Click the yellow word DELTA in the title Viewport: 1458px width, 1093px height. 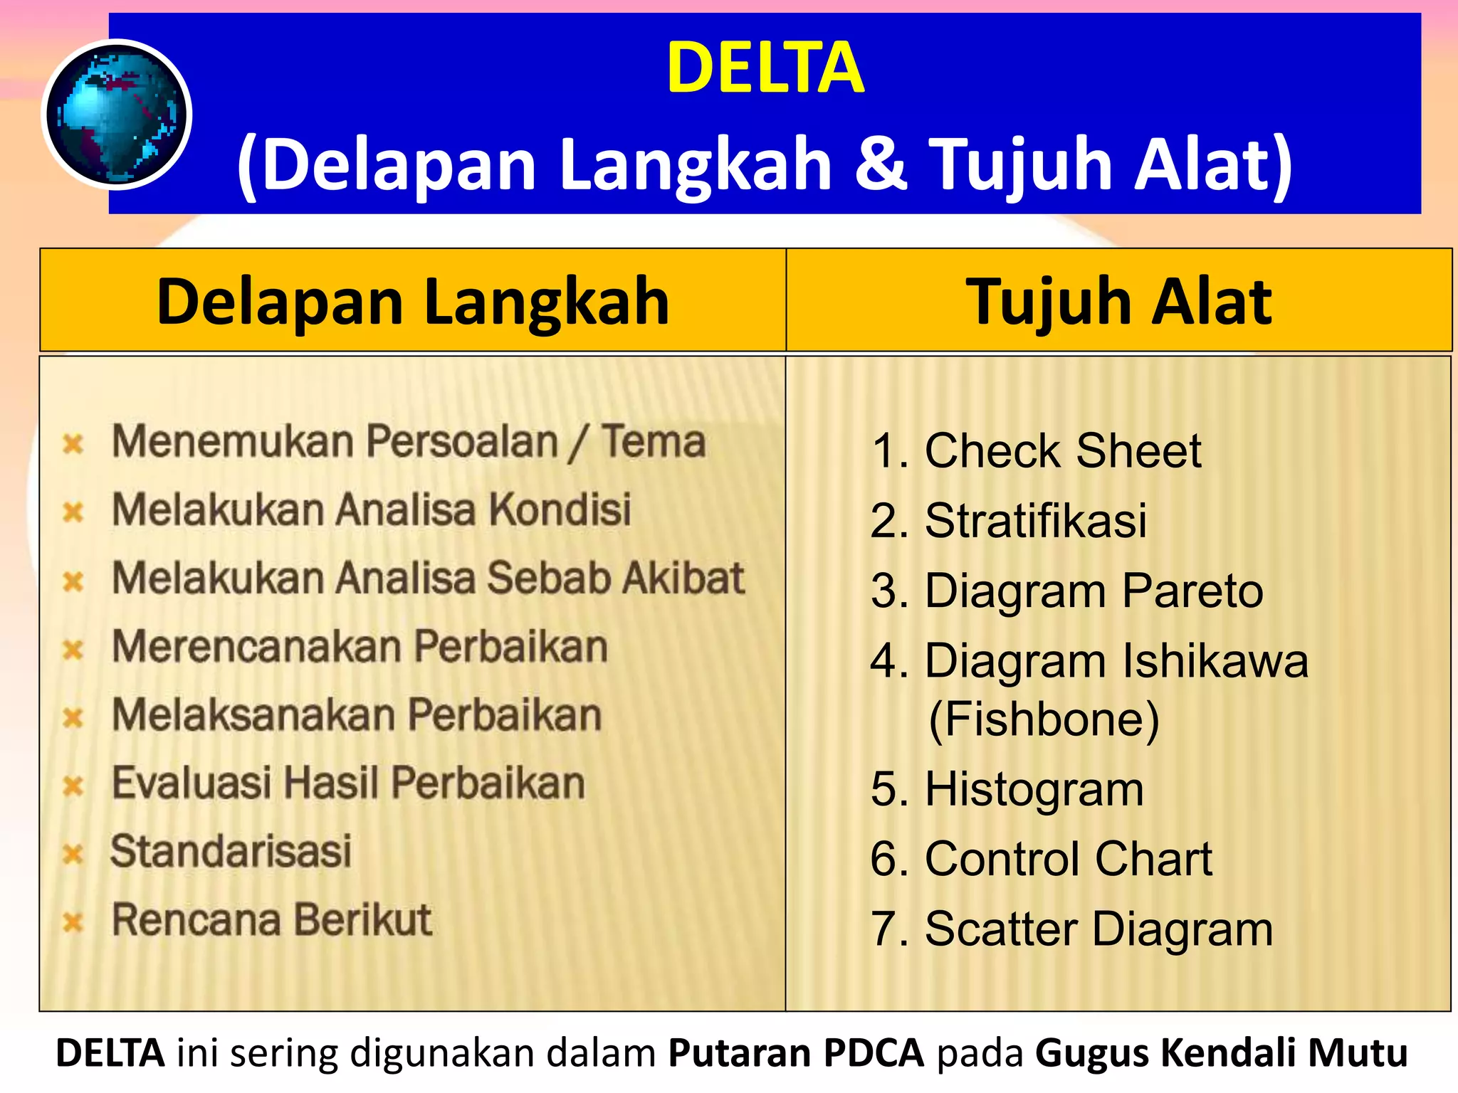pos(765,68)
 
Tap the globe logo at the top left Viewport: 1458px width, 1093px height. pos(116,115)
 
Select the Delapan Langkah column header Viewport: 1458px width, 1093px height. pos(413,301)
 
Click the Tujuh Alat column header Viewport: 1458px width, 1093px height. pos(1118,301)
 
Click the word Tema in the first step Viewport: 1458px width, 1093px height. pos(654,441)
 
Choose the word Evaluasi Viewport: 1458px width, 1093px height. pos(192,783)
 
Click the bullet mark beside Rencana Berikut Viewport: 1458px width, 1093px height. pos(73,922)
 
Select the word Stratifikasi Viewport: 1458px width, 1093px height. pos(1035,520)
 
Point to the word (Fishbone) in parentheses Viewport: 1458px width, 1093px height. pos(1044,719)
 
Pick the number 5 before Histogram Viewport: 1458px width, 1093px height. pos(886,789)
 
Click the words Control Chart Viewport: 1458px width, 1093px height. pos(1068,859)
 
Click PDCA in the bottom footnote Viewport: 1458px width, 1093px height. pos(874,1053)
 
